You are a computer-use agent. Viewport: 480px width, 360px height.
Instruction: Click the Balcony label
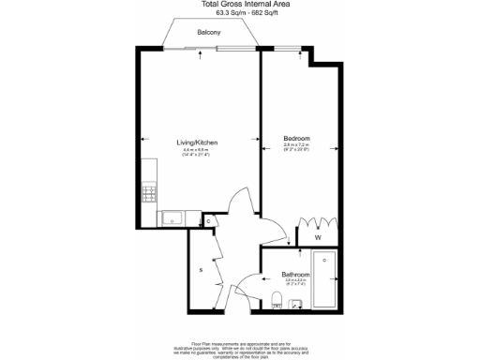[x=208, y=33]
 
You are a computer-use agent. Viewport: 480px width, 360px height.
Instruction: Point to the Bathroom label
[x=295, y=274]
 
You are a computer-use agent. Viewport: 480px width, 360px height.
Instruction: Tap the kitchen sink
[x=172, y=218]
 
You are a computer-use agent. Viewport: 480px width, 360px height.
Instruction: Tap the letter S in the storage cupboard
[x=200, y=270]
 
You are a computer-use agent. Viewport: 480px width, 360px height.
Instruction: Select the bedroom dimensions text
[x=296, y=149]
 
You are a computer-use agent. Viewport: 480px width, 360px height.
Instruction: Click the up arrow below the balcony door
[x=202, y=54]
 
